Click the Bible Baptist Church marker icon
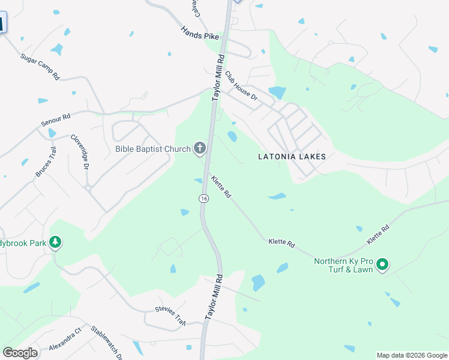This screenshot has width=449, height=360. point(199,148)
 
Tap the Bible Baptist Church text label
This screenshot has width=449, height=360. point(152,148)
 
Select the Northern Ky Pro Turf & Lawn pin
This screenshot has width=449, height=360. point(381,264)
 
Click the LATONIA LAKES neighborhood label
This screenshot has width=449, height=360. point(292,157)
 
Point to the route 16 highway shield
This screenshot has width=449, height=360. point(204,199)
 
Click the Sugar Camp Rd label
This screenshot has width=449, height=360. point(40,67)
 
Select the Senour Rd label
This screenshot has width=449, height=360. point(56,119)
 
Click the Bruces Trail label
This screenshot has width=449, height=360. point(46,162)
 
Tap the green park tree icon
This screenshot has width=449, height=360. point(56,242)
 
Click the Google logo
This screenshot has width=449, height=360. point(20,353)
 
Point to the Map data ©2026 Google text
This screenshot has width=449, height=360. point(412,355)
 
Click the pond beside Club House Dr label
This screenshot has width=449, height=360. point(277,92)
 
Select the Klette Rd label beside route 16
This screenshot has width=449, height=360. point(220,187)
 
